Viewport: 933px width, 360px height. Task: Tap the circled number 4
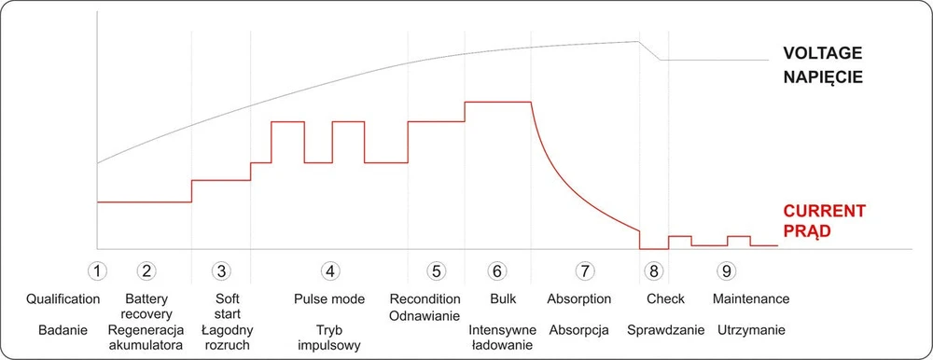pyautogui.click(x=329, y=270)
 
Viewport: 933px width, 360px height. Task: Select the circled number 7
pyautogui.click(x=584, y=270)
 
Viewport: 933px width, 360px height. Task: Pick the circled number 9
pyautogui.click(x=727, y=270)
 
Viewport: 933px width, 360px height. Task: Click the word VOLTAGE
pyautogui.click(x=822, y=53)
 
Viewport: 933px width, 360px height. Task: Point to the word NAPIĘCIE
pyautogui.click(x=822, y=78)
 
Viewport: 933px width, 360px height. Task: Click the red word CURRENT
pyautogui.click(x=824, y=211)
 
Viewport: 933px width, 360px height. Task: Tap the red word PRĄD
pyautogui.click(x=806, y=231)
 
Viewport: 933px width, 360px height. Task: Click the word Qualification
pyautogui.click(x=63, y=298)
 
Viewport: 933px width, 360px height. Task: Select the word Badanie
pyautogui.click(x=63, y=329)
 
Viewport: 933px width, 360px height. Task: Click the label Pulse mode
pyautogui.click(x=329, y=298)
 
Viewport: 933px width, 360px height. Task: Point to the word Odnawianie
pyautogui.click(x=425, y=316)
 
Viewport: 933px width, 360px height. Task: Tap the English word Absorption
pyautogui.click(x=579, y=298)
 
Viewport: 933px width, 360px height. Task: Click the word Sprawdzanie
pyautogui.click(x=666, y=329)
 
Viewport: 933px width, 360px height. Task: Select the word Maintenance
pyautogui.click(x=751, y=298)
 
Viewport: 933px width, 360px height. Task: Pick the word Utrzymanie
pyautogui.click(x=751, y=329)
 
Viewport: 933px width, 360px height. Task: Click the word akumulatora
pyautogui.click(x=146, y=345)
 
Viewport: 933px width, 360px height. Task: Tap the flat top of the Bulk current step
pyautogui.click(x=497, y=103)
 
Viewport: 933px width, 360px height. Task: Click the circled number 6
pyautogui.click(x=496, y=270)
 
